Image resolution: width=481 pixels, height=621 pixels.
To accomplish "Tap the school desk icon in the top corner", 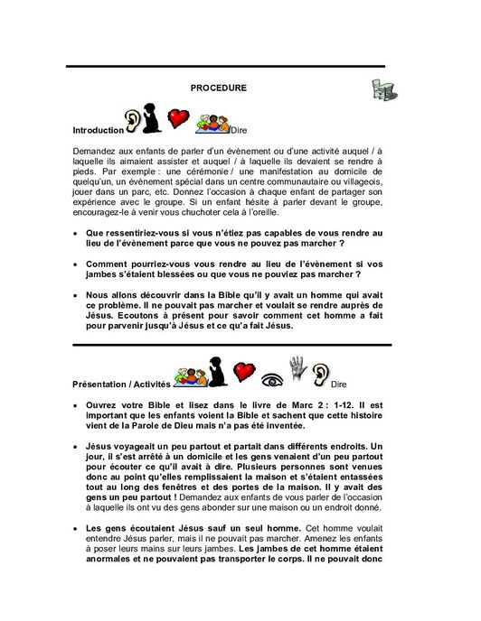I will pos(387,88).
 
